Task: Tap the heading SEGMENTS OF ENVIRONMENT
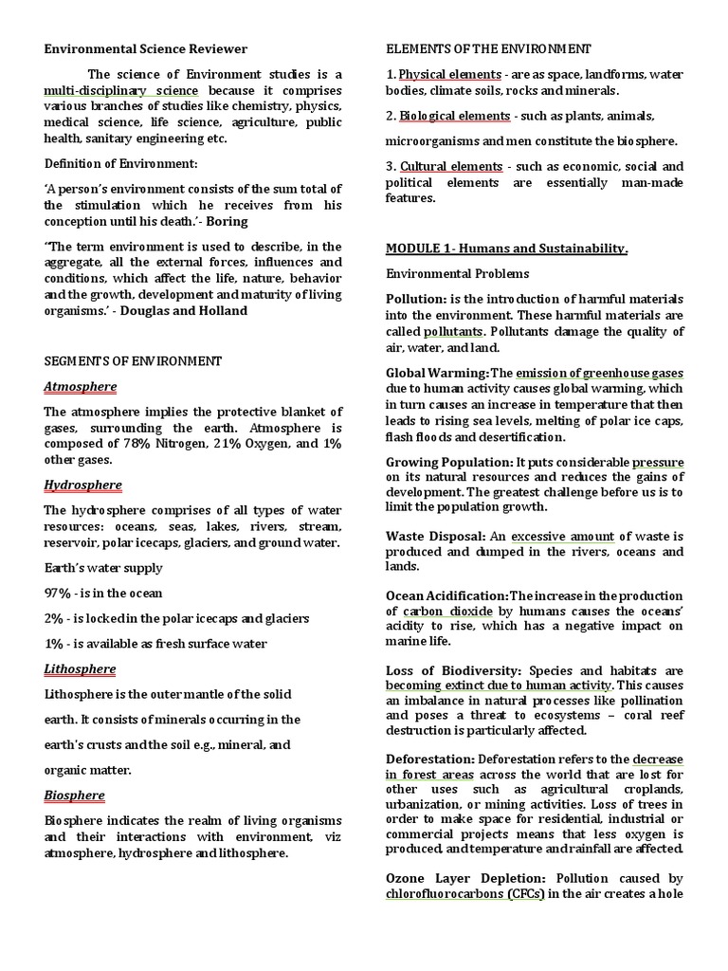[x=133, y=361]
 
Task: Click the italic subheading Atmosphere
[x=81, y=386]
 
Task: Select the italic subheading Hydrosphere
[x=83, y=485]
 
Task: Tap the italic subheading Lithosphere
[x=80, y=669]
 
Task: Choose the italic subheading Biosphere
[x=75, y=795]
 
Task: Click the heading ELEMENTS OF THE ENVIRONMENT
[x=488, y=48]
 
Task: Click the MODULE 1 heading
[x=506, y=248]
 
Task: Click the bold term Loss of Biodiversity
[x=454, y=670]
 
